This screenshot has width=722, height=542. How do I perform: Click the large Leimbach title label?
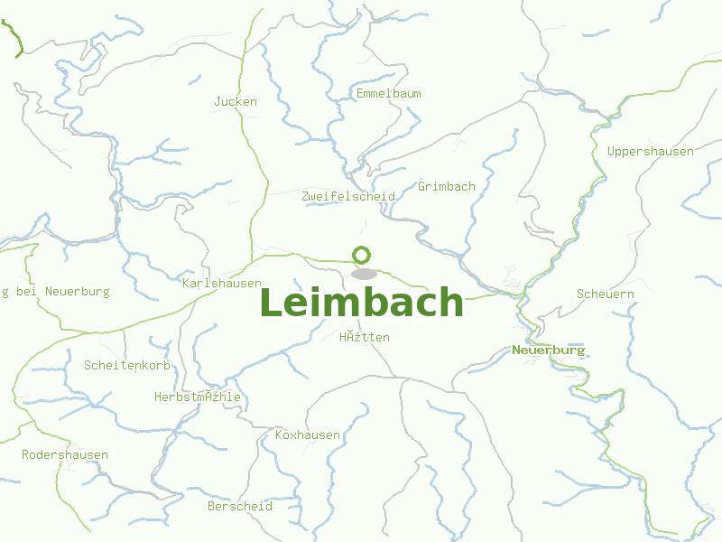tap(362, 303)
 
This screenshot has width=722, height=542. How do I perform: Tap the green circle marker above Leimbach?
tap(362, 256)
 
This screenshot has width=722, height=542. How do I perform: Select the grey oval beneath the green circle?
tap(364, 274)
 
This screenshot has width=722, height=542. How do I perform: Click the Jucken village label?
tap(236, 102)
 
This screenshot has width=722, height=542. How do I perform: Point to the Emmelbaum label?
tap(389, 94)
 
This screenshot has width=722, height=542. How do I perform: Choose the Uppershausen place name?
tap(651, 152)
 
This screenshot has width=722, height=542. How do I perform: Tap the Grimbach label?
tap(447, 187)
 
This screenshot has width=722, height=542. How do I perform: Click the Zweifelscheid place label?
tap(348, 197)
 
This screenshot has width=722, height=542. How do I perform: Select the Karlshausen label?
tap(222, 284)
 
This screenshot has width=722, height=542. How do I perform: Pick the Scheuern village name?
tap(606, 294)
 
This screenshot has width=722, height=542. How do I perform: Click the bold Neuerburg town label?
tap(549, 350)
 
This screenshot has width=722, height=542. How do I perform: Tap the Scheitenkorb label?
tap(127, 366)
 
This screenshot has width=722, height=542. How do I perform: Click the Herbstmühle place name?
tap(198, 397)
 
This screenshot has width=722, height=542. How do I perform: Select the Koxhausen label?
tap(308, 435)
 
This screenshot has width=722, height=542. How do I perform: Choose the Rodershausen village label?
tap(65, 455)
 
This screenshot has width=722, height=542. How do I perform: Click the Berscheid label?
tap(240, 507)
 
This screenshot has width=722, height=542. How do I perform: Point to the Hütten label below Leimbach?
tap(365, 338)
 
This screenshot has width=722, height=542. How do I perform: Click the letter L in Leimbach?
tap(271, 303)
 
